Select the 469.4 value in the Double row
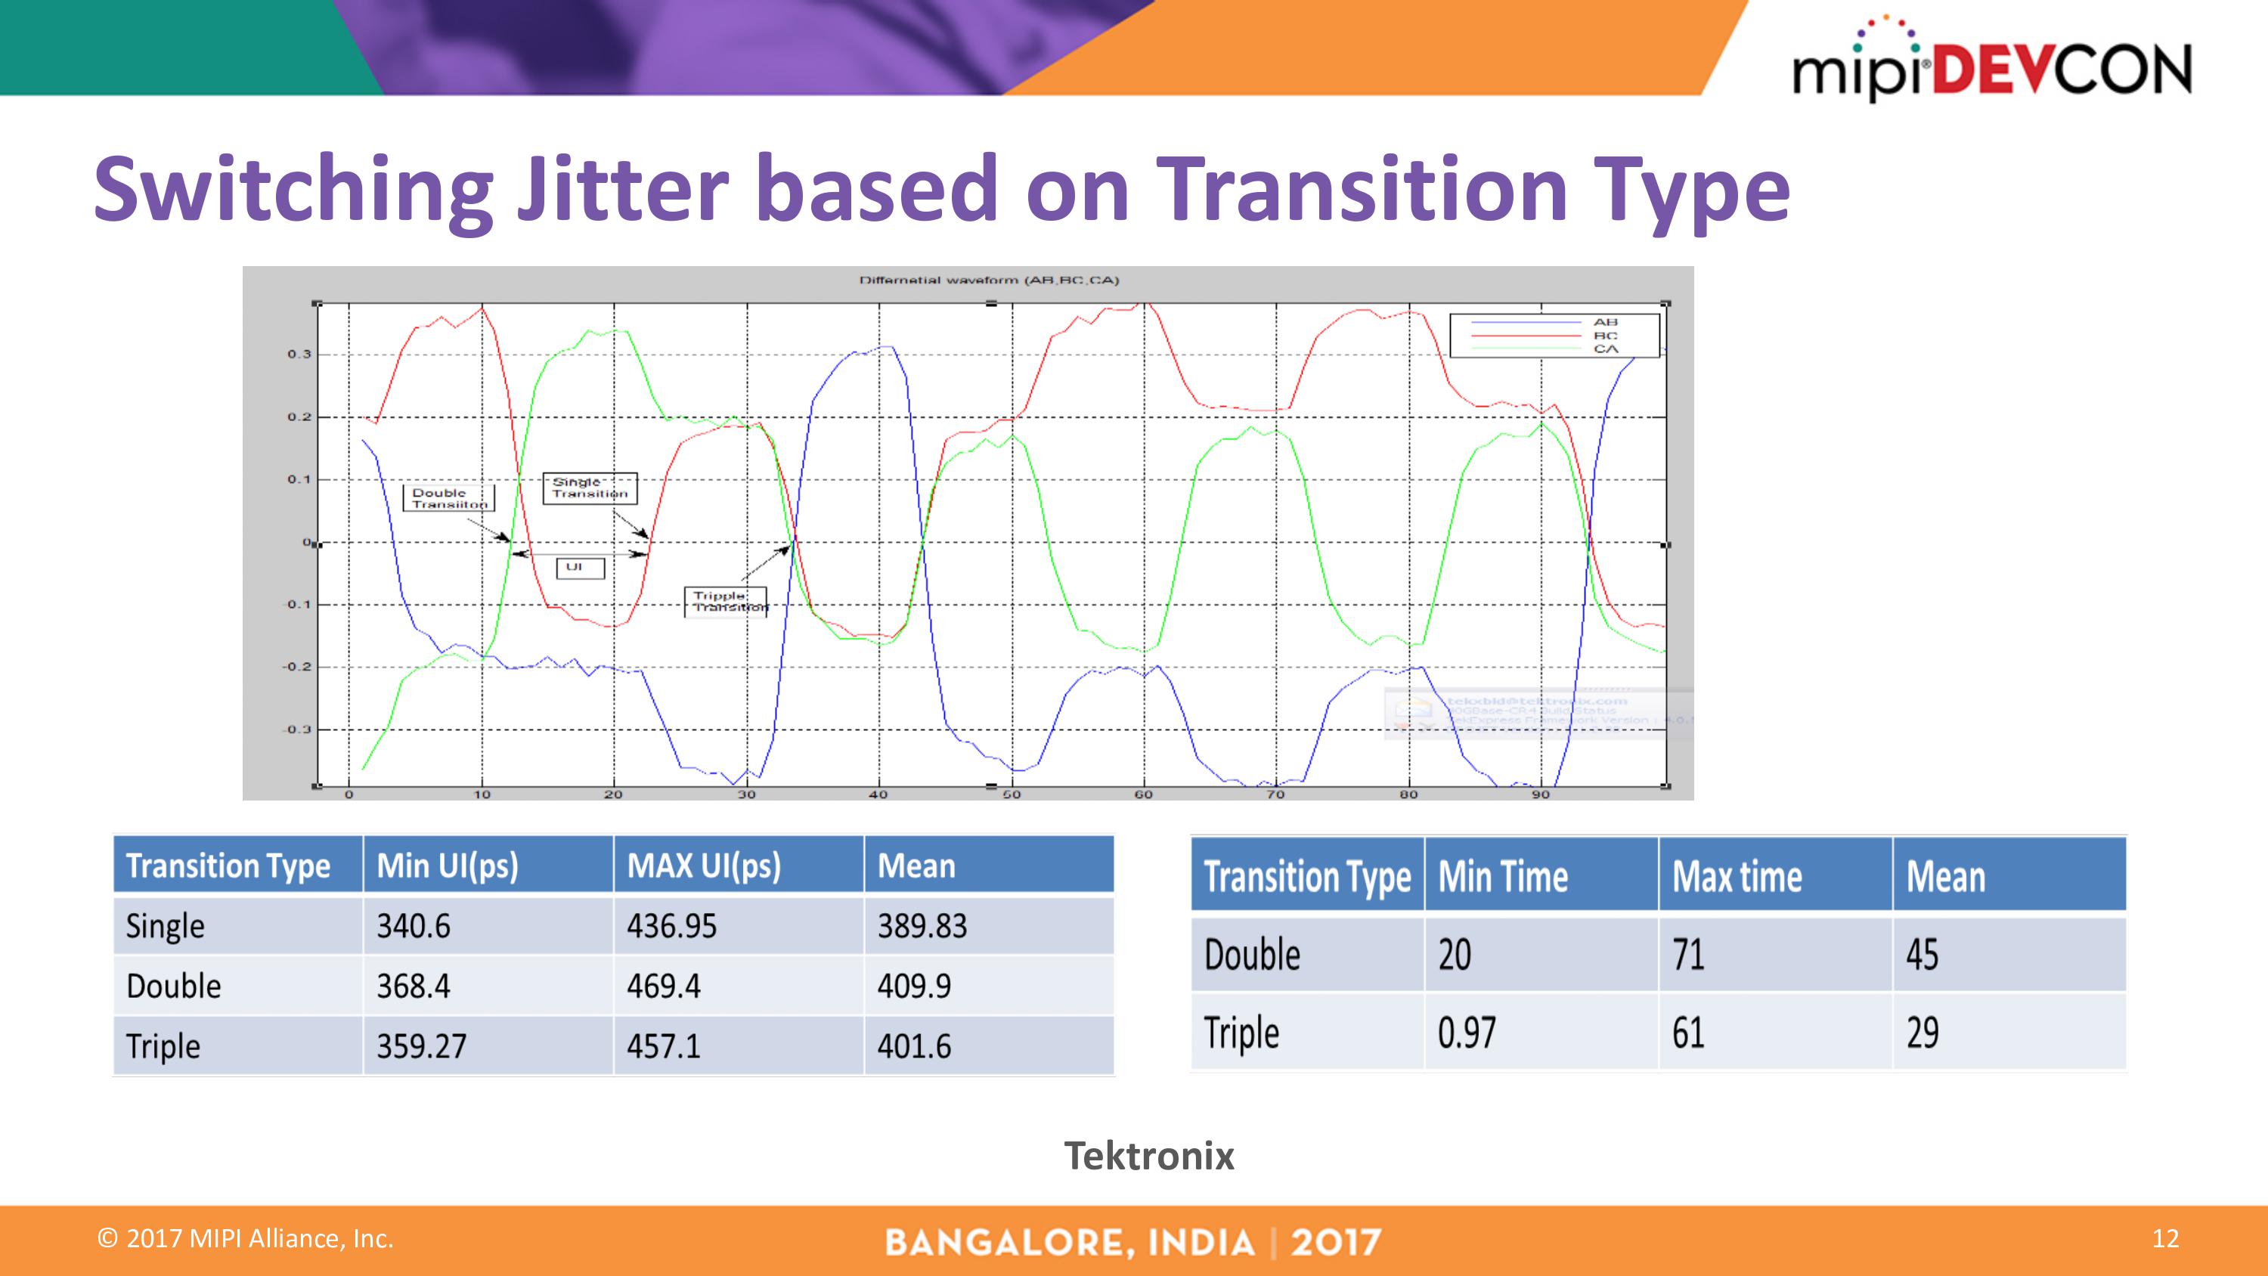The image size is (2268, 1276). tap(664, 986)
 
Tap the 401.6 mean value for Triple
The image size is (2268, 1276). tap(914, 1046)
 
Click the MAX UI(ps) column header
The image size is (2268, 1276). tap(704, 866)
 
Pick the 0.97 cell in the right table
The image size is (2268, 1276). tap(1466, 1032)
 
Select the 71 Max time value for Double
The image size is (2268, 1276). tap(1688, 955)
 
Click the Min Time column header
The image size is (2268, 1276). tap(1503, 876)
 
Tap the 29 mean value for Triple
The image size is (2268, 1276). tap(1922, 1032)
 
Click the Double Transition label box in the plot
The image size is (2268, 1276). tap(449, 498)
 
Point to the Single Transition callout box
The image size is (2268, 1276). tap(589, 488)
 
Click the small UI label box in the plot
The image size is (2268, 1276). tap(579, 568)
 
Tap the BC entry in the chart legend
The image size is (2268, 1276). tap(1604, 336)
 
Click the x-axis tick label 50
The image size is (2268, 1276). tap(1012, 794)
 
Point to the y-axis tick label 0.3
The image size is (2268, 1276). tap(299, 354)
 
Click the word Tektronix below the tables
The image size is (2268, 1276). tap(1148, 1155)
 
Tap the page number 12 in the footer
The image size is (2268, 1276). tap(2165, 1238)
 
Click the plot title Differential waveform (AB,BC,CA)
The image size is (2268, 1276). tap(989, 280)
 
